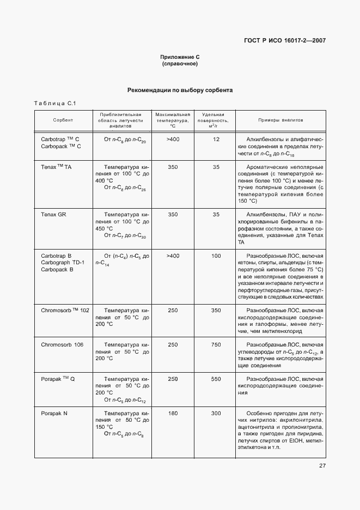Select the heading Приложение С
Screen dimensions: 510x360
click(180, 57)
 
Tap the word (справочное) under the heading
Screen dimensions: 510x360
click(180, 64)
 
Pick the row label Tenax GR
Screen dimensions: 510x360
click(53, 215)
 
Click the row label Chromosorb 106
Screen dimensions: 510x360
click(62, 345)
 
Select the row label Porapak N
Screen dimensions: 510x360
click(54, 414)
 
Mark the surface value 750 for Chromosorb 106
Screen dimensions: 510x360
click(216, 345)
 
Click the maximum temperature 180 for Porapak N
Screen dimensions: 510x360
click(173, 414)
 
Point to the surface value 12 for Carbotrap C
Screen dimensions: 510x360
click(216, 139)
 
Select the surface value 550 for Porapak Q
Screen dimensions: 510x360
click(216, 378)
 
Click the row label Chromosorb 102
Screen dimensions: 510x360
click(65, 310)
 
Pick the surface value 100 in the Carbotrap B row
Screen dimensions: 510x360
click(216, 255)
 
